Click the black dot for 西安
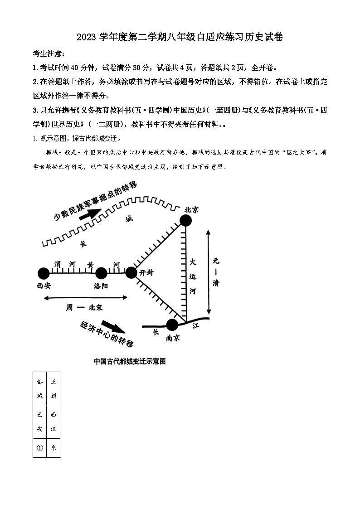pyautogui.click(x=43, y=273)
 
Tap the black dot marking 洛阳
pyautogui.click(x=101, y=273)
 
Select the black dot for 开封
pyautogui.click(x=131, y=272)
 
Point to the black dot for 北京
pyautogui.click(x=185, y=220)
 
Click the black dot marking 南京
pyautogui.click(x=172, y=325)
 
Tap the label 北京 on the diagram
pyautogui.click(x=191, y=210)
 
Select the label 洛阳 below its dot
pyautogui.click(x=101, y=286)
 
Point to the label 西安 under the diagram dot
pyautogui.click(x=44, y=286)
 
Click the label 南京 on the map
pyautogui.click(x=173, y=338)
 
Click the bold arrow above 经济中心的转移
pyautogui.click(x=111, y=327)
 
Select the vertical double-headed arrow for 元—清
pyautogui.click(x=208, y=272)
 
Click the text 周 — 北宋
pyautogui.click(x=84, y=307)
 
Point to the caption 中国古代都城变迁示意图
pyautogui.click(x=130, y=361)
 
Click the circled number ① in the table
pyautogui.click(x=39, y=448)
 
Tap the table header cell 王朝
pyautogui.click(x=54, y=388)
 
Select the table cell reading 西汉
pyautogui.click(x=54, y=422)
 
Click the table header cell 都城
pyautogui.click(x=39, y=388)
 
